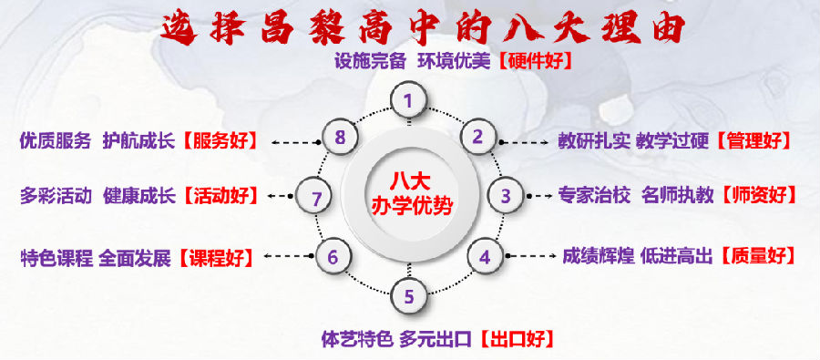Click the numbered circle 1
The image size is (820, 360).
(x=409, y=100)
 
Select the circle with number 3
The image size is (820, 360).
(x=506, y=196)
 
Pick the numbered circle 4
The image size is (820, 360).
(x=486, y=257)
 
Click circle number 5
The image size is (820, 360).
(x=409, y=296)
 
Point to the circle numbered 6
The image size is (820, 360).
(x=333, y=256)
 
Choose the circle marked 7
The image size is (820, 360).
(x=314, y=198)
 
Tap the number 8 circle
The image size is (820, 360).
(x=340, y=138)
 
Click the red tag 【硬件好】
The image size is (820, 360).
(x=533, y=62)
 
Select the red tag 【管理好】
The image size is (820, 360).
(x=754, y=141)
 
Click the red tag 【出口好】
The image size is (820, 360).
(x=516, y=339)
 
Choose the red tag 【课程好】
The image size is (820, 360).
(x=215, y=258)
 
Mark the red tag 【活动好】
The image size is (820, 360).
(x=220, y=196)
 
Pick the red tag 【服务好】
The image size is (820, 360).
(x=220, y=141)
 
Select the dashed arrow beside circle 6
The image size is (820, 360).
(x=289, y=256)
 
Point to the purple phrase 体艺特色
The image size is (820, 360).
(x=357, y=339)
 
